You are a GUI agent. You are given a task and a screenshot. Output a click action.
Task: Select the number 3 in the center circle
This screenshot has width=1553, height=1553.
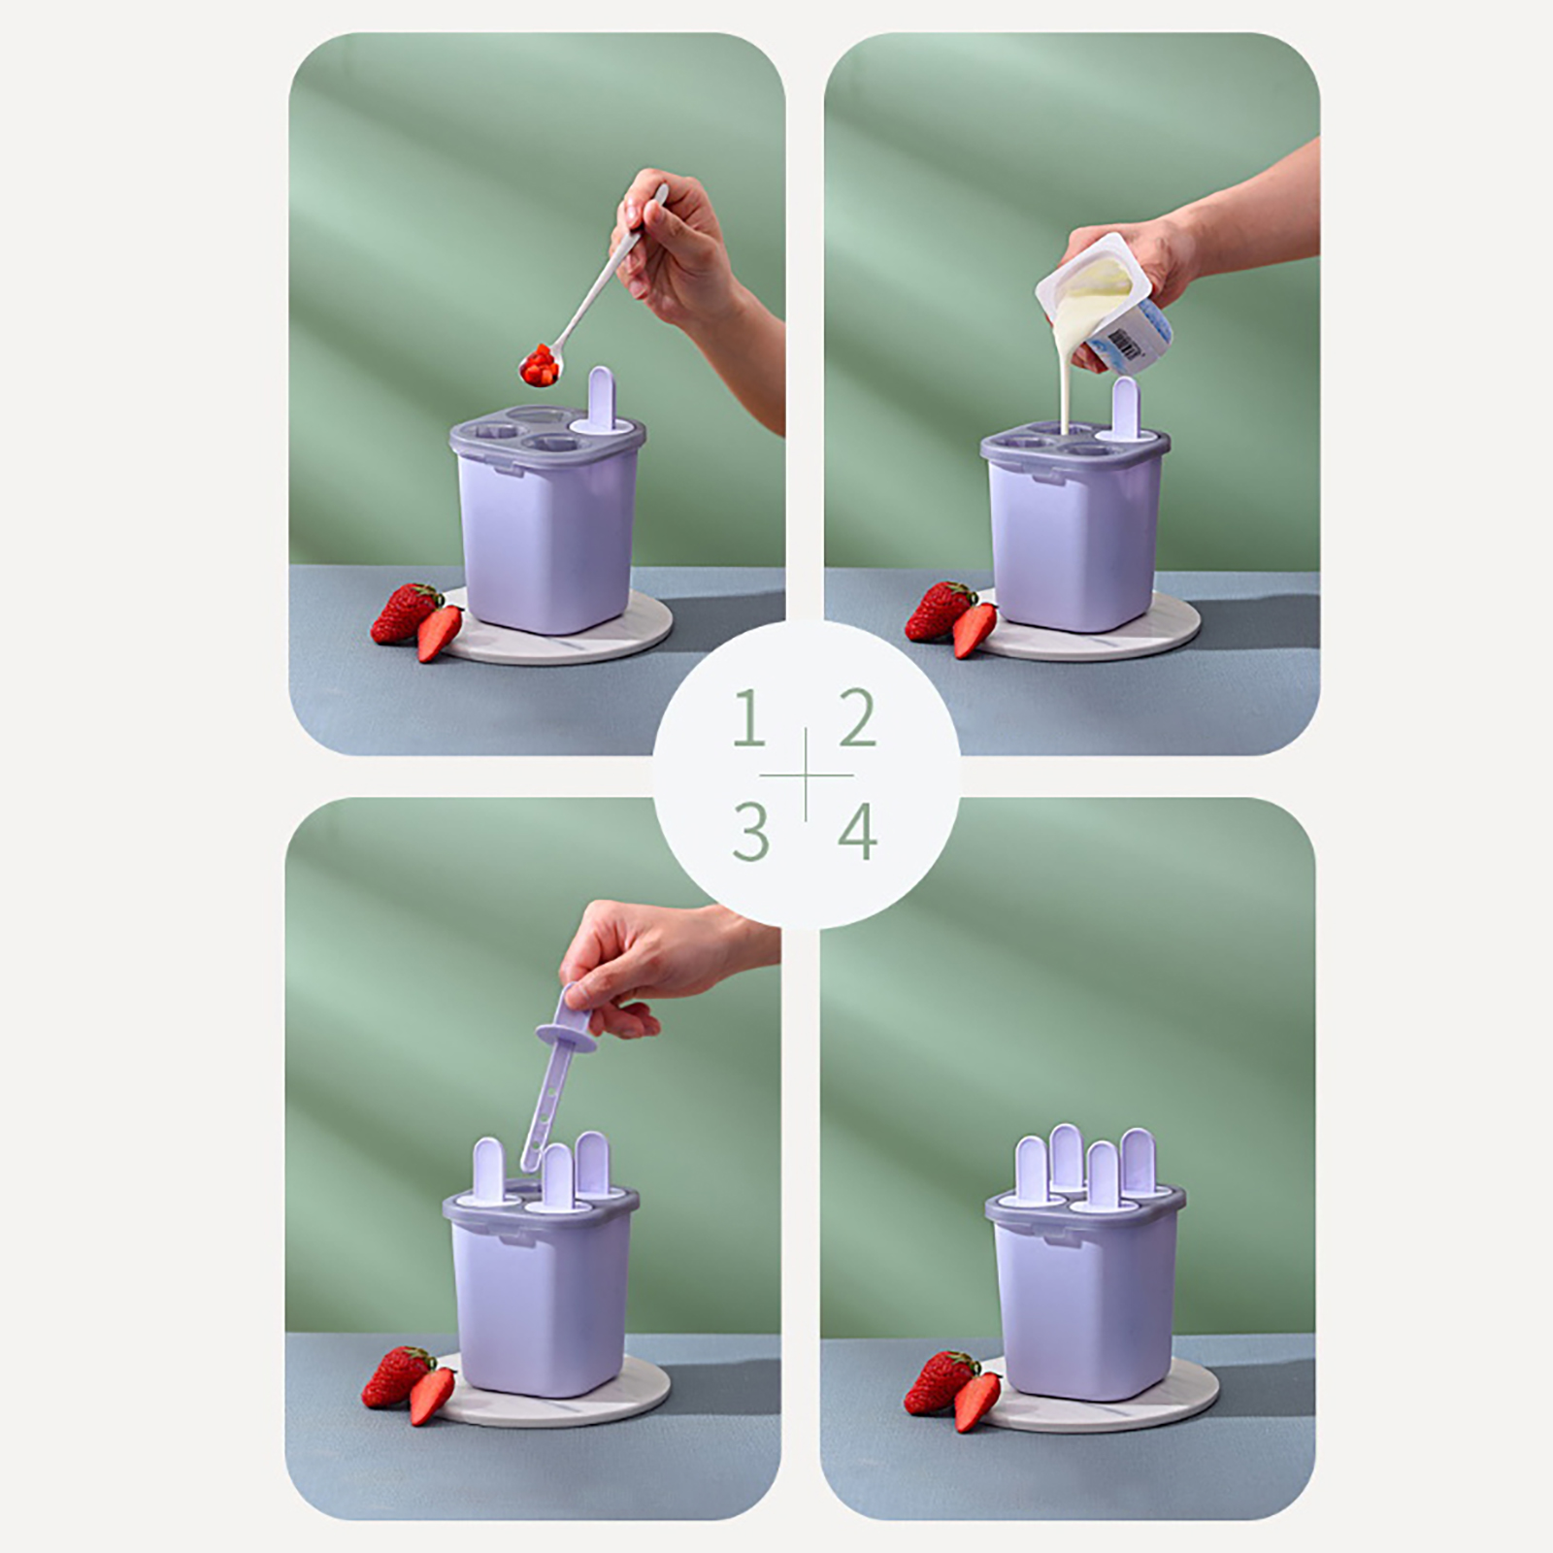coord(751,832)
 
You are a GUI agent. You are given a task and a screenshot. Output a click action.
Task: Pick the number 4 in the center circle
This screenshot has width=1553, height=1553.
coord(857,832)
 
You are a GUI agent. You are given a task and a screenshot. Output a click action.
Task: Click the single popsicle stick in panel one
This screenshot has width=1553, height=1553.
coord(602,400)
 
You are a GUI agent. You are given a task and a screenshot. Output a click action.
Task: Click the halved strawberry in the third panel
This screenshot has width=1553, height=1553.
coord(432,1395)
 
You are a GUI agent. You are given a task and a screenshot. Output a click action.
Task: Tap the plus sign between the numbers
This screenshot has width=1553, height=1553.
coord(805,775)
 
